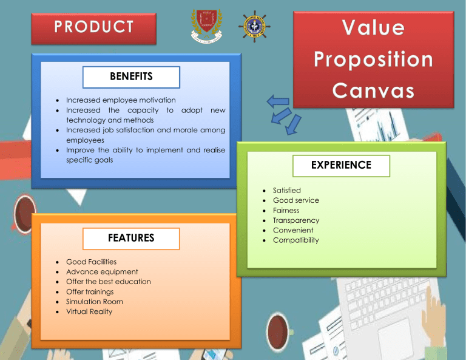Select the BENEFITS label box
click(x=131, y=77)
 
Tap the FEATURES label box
click(x=131, y=238)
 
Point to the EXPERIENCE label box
click(x=341, y=165)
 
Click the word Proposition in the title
click(x=373, y=60)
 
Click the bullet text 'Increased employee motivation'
click(x=121, y=100)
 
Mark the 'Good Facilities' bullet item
click(x=92, y=262)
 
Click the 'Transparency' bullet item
click(x=296, y=220)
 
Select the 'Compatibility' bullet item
click(x=295, y=240)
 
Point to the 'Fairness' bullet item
click(x=286, y=211)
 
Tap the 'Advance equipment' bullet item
click(x=102, y=272)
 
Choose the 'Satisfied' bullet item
click(x=286, y=191)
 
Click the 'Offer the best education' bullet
click(x=109, y=282)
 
